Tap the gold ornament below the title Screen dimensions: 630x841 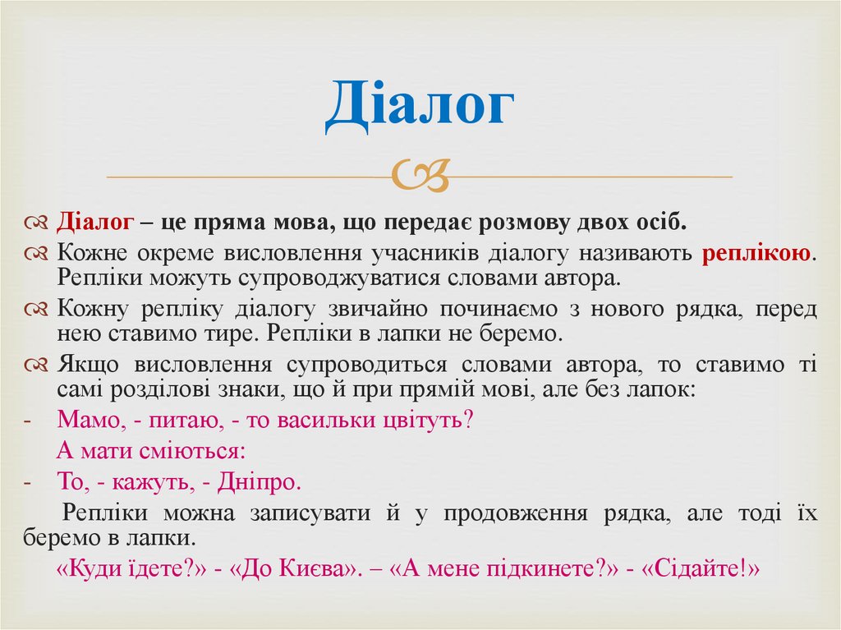[x=420, y=175]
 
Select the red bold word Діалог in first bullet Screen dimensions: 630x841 [x=94, y=223]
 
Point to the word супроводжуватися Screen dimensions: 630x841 [x=340, y=278]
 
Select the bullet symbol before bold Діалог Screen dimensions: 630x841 [x=39, y=223]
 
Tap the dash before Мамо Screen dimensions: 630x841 [x=27, y=421]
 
